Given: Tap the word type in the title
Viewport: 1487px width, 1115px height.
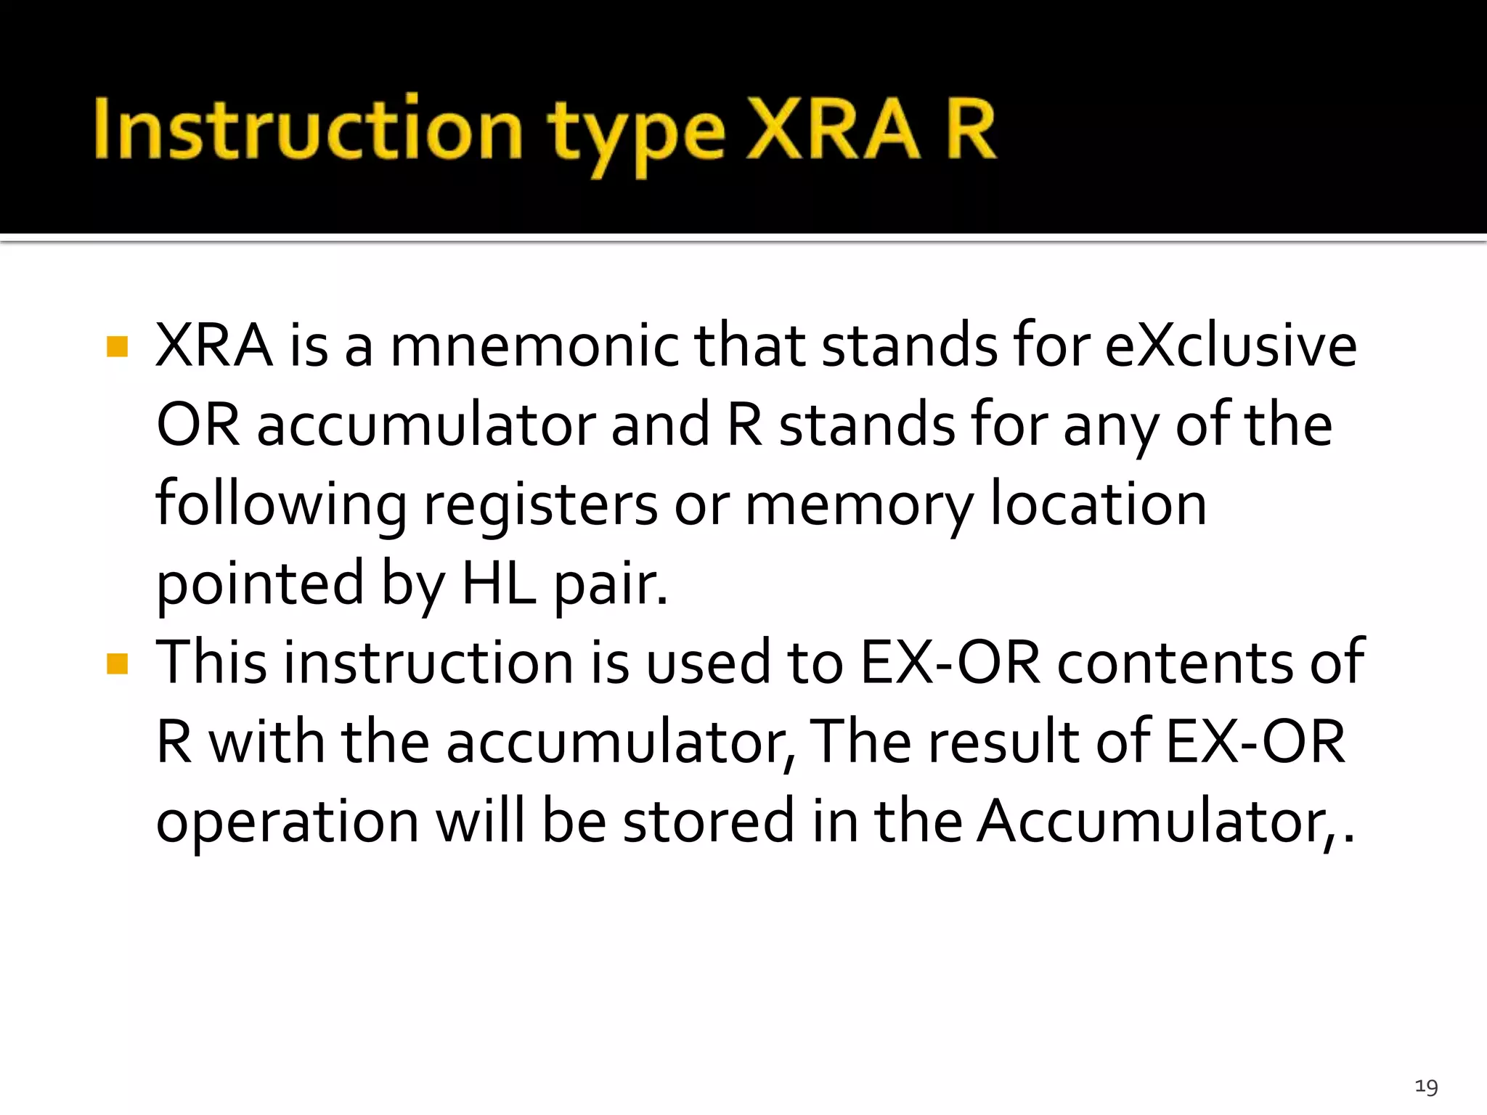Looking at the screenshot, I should (x=636, y=134).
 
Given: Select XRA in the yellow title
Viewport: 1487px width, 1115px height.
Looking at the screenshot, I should (x=833, y=129).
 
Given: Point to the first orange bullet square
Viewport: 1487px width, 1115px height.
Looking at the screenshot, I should (x=117, y=346).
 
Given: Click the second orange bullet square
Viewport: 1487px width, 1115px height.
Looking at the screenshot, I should (x=117, y=663).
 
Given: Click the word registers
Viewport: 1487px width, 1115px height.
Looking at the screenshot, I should (x=541, y=505).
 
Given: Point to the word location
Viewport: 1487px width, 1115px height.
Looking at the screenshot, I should (x=1099, y=505).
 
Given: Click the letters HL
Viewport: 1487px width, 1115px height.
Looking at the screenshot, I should (x=500, y=584).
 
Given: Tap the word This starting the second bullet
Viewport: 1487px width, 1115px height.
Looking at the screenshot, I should (x=212, y=662).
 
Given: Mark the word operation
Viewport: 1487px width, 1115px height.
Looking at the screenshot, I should (x=288, y=822).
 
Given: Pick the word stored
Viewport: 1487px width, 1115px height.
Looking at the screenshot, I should (x=709, y=821).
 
